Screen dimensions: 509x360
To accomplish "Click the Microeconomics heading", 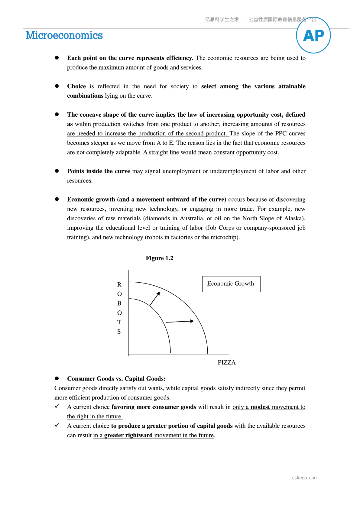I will click(x=64, y=35).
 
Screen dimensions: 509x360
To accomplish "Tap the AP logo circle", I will click(x=313, y=35).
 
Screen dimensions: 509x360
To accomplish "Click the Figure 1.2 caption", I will click(x=159, y=258).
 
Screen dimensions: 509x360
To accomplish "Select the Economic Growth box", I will click(x=231, y=284).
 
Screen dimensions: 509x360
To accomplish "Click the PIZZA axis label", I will click(x=226, y=362).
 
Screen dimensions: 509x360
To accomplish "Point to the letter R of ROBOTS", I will click(x=119, y=284).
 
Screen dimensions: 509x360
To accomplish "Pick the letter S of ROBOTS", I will click(x=119, y=332).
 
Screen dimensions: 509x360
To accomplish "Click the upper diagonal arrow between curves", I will click(x=155, y=298).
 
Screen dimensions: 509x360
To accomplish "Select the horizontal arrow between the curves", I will click(x=180, y=321).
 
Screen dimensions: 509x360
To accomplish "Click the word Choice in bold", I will click(x=76, y=86).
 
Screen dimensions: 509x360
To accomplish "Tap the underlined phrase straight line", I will click(x=164, y=152).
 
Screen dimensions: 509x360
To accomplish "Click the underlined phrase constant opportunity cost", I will click(x=245, y=152).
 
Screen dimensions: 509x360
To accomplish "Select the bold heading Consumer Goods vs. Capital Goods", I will click(x=116, y=379).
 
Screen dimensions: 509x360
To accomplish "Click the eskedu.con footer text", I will click(x=304, y=478).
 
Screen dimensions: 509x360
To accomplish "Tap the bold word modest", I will click(x=260, y=407).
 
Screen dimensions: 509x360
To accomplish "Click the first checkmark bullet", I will click(x=57, y=406).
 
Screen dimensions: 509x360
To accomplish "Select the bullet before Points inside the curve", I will click(x=57, y=171).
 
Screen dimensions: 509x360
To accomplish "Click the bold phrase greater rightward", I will click(x=128, y=435).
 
